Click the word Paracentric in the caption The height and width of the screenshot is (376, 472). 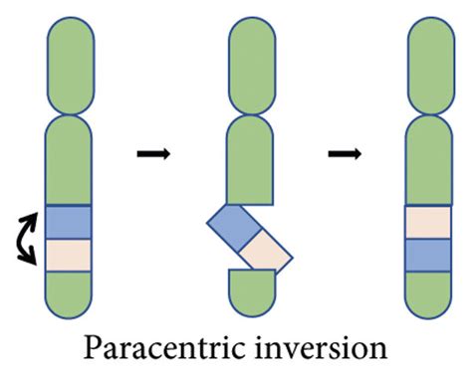click(x=161, y=350)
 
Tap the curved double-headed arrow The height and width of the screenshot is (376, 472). click(x=28, y=238)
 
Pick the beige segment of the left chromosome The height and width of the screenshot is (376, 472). click(x=68, y=254)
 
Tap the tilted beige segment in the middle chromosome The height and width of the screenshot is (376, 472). click(x=264, y=256)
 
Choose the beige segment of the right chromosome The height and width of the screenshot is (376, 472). click(x=430, y=221)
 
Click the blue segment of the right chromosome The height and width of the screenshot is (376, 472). click(x=430, y=254)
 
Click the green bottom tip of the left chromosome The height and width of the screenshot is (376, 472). click(x=68, y=291)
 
